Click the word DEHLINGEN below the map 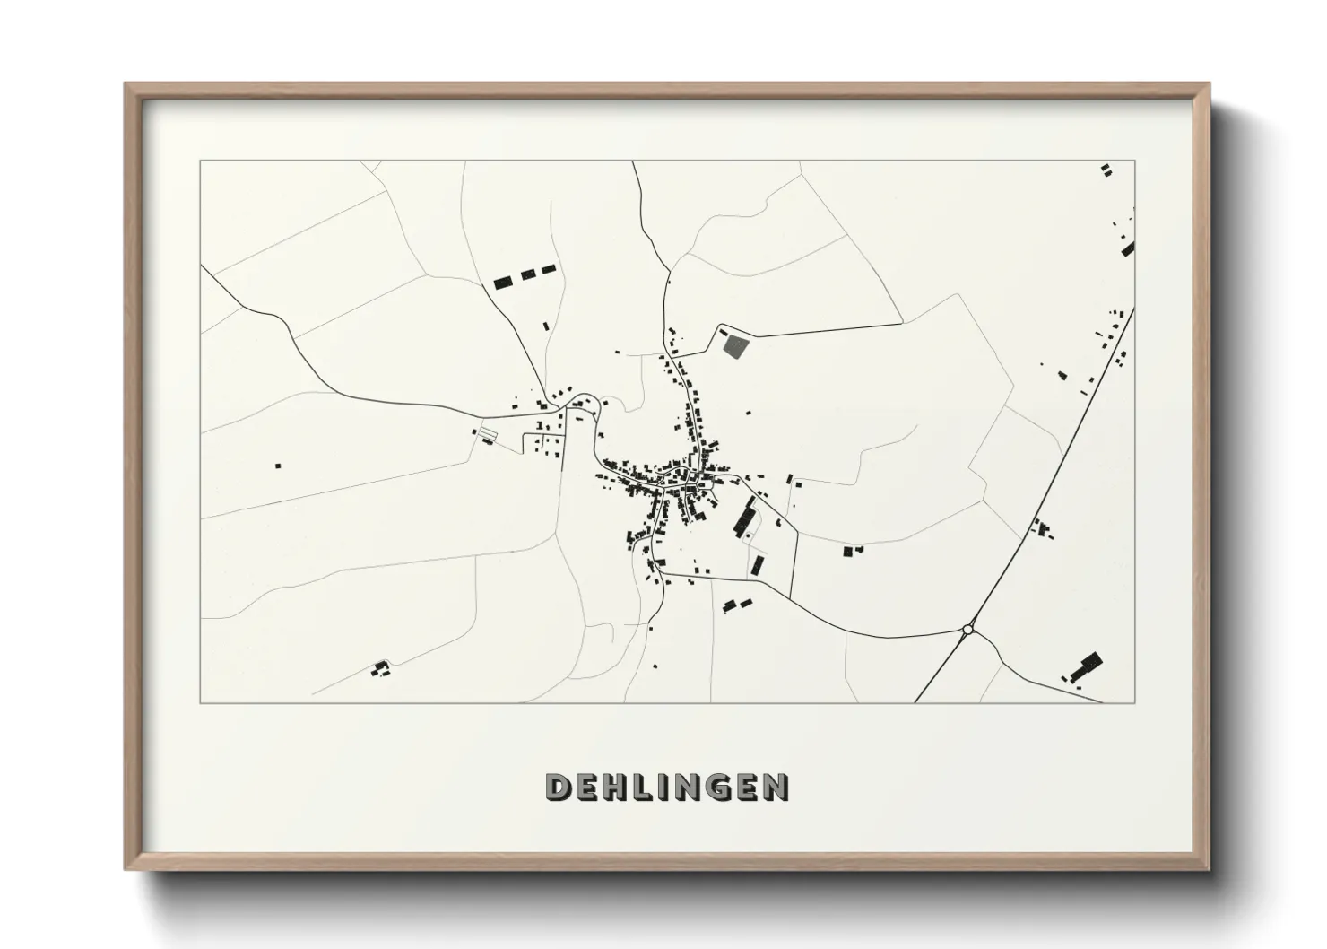point(667,787)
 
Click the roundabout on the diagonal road point(967,630)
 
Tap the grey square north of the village point(733,345)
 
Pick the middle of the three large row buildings point(527,274)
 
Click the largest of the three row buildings point(503,282)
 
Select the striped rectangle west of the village point(485,434)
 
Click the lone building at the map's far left point(278,466)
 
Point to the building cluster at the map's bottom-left point(381,667)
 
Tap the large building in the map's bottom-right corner point(1086,667)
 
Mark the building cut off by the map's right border point(1128,248)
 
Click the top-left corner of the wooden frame point(126,84)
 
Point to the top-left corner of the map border point(201,161)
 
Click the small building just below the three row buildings point(544,326)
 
